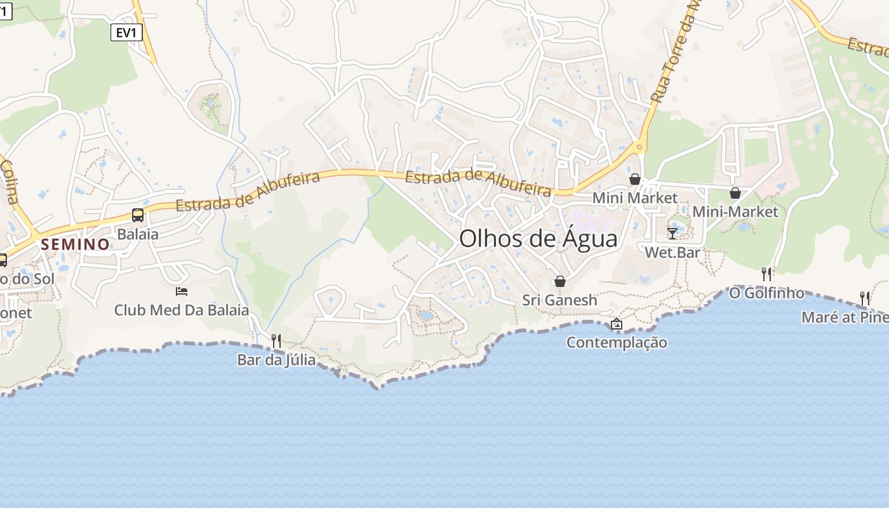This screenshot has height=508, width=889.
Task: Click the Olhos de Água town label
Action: (538, 239)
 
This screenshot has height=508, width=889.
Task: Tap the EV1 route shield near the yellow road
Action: (126, 32)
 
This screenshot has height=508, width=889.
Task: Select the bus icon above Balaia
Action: (138, 215)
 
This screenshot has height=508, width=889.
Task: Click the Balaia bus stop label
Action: (138, 234)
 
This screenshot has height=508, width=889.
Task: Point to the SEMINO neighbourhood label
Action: (76, 244)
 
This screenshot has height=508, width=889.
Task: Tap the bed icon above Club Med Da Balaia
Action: (182, 291)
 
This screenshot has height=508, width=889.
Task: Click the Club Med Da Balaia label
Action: (182, 311)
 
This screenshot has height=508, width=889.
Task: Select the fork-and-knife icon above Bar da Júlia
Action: (276, 341)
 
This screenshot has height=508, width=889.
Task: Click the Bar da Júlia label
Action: (276, 360)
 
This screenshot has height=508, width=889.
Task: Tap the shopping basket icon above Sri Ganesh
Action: (560, 281)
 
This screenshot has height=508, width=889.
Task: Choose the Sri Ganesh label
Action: (560, 300)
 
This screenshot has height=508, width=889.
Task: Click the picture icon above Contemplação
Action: (617, 324)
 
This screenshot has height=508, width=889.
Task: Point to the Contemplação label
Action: (617, 343)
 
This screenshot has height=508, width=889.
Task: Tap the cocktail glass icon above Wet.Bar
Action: (672, 233)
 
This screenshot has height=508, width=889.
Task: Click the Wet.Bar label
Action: (672, 252)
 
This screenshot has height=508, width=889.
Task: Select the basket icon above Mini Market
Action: (635, 179)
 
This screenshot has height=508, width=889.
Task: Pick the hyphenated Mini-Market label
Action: (735, 211)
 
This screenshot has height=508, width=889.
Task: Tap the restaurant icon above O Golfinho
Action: (766, 274)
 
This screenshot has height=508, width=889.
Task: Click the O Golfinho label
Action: (766, 293)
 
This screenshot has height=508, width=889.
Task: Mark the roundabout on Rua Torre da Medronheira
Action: (639, 147)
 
